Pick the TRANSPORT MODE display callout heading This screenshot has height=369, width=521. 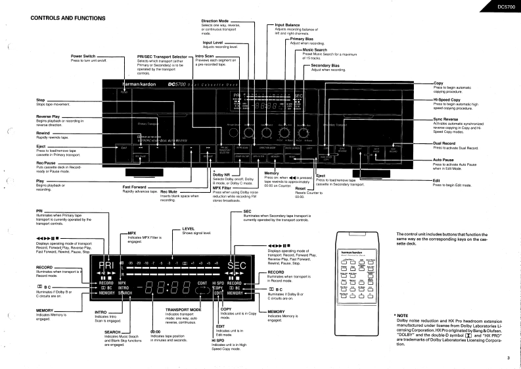pos(183,308)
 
